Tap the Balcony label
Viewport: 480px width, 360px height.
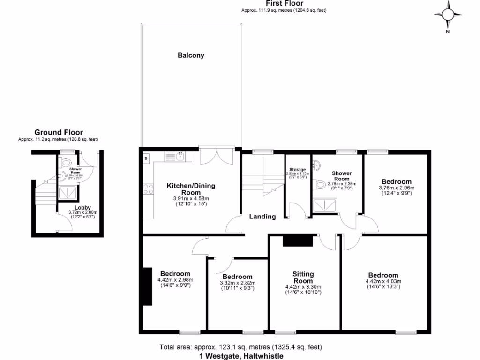coord(191,55)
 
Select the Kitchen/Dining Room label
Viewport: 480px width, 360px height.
coord(191,189)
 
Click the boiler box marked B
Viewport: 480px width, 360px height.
coord(146,158)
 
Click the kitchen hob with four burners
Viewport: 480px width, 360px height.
coord(148,189)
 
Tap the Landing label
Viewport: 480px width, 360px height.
coord(262,217)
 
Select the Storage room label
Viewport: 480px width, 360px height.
coord(298,170)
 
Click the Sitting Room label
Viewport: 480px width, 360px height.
coord(303,277)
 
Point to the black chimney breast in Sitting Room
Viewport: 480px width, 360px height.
coord(298,241)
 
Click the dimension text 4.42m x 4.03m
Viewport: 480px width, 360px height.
coord(383,281)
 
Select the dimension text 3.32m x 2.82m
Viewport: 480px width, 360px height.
coord(237,283)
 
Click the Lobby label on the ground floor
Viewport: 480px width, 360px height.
coord(82,207)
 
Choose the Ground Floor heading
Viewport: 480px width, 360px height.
coord(58,133)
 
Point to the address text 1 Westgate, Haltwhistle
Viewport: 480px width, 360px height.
coord(241,356)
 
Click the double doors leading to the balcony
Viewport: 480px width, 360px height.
coord(216,156)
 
